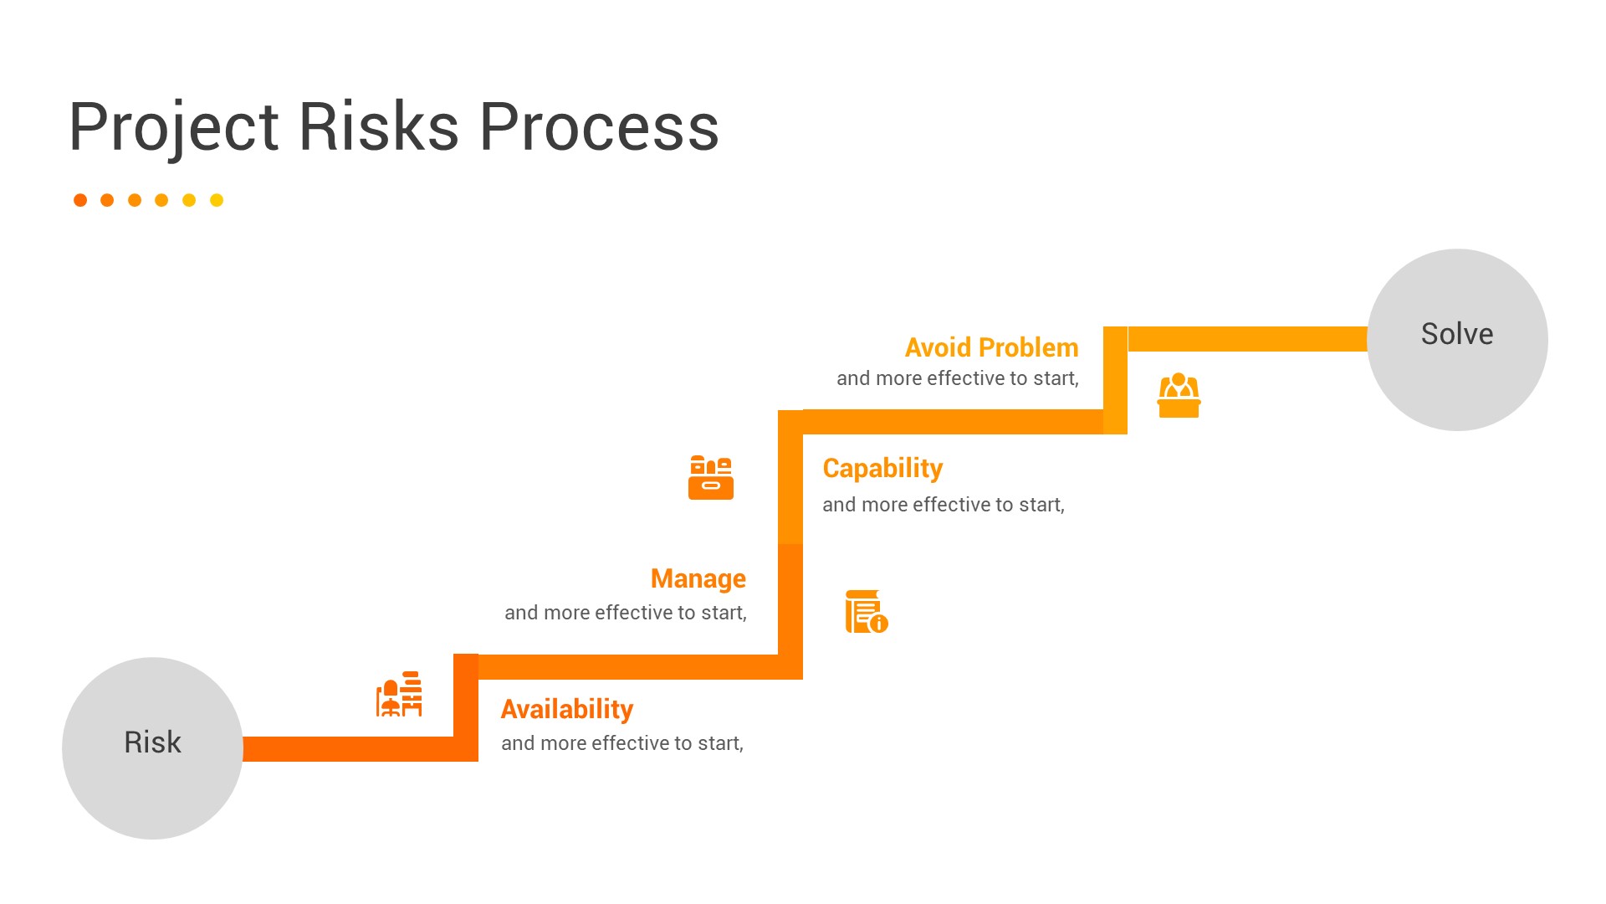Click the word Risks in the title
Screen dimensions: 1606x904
[x=379, y=127]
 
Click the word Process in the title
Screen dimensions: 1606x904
[x=599, y=127]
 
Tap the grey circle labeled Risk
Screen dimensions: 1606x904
[x=152, y=748]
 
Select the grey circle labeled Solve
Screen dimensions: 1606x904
[x=1457, y=340]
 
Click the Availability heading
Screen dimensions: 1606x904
[x=567, y=710]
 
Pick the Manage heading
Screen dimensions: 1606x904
[x=698, y=579]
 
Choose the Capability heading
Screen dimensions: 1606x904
[x=882, y=469]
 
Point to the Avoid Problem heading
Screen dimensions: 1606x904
[x=992, y=347]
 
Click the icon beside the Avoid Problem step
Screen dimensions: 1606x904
[x=1179, y=395]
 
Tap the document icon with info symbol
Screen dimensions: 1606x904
[x=867, y=611]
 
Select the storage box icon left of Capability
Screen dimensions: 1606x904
[x=711, y=477]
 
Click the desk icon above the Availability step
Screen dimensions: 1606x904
[x=399, y=694]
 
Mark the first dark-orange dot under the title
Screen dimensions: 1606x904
[x=80, y=200]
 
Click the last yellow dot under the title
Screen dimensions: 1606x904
[x=217, y=200]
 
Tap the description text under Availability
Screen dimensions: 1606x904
[x=622, y=743]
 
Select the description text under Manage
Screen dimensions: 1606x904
[x=626, y=613]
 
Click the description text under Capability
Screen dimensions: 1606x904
[x=944, y=505]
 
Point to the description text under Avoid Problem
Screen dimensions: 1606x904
[x=958, y=378]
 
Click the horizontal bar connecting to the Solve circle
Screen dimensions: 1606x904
[x=1247, y=339]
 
